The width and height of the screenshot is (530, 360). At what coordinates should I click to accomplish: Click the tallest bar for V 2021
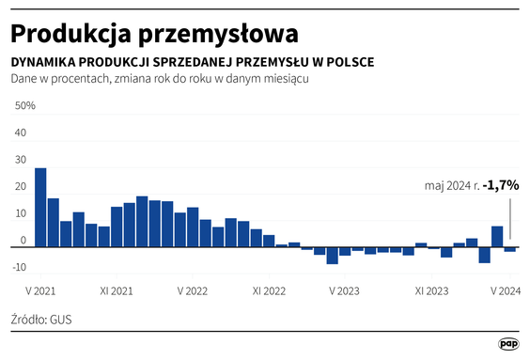40,207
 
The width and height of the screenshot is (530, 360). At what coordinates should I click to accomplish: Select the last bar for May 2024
510,249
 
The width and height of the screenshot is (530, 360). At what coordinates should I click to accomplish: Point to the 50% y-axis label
23,105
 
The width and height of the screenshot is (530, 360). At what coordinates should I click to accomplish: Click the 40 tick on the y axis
21,133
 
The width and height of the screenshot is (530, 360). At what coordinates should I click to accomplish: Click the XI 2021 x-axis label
115,290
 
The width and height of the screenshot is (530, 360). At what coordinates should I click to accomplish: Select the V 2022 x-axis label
192,290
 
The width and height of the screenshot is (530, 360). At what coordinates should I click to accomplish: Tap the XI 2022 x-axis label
268,290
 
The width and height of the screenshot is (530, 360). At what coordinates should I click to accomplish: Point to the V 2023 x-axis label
345,290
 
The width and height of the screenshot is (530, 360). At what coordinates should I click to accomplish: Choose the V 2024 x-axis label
506,290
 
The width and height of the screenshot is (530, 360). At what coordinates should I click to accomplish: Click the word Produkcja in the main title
70,33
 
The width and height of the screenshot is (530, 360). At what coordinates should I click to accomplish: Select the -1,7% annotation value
501,186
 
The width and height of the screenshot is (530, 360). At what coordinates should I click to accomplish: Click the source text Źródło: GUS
41,320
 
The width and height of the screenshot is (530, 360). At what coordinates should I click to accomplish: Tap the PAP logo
508,344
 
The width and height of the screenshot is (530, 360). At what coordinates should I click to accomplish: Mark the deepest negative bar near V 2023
333,255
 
